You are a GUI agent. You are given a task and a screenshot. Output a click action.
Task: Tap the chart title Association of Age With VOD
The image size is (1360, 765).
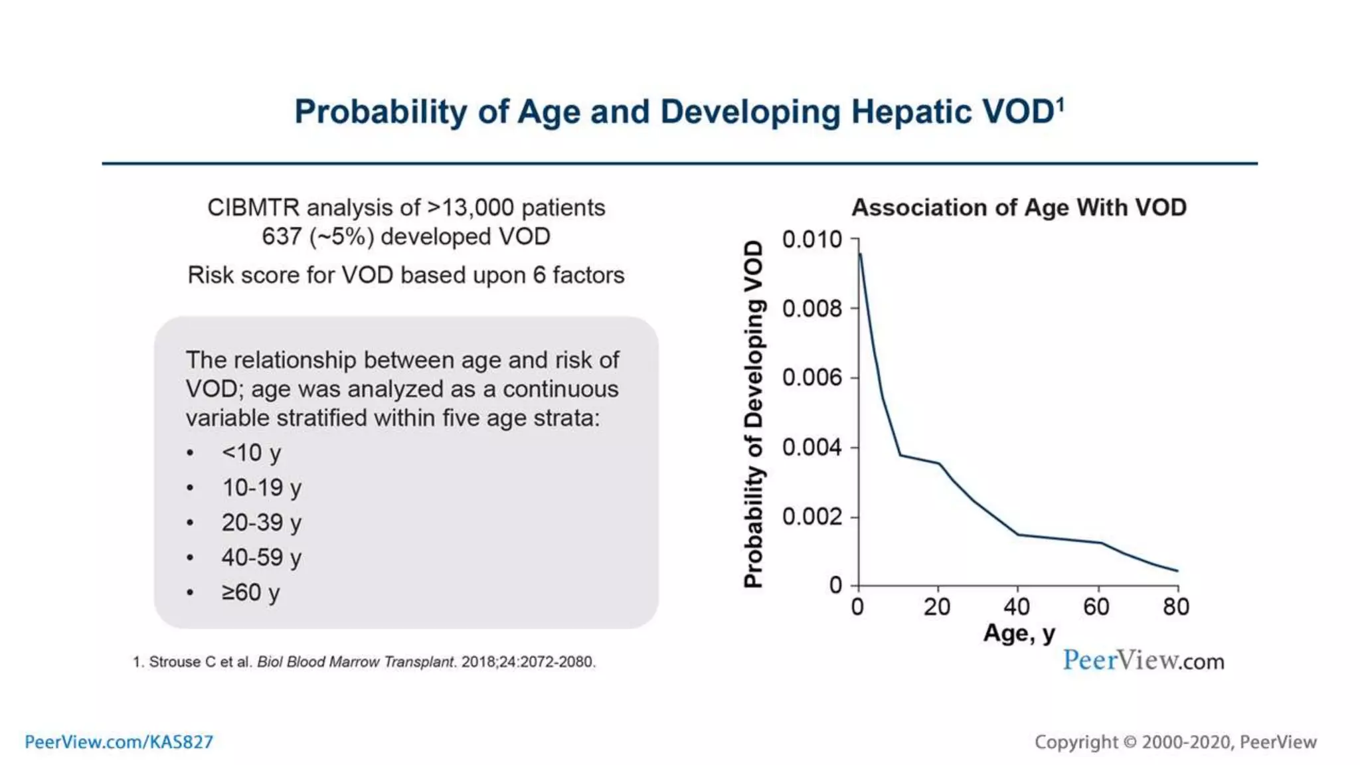click(1019, 207)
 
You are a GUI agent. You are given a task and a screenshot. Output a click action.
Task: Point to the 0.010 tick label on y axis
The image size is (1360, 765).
click(811, 239)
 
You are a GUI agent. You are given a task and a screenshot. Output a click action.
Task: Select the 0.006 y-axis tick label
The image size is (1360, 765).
click(811, 378)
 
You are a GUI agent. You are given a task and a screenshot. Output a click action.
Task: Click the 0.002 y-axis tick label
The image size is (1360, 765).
click(811, 517)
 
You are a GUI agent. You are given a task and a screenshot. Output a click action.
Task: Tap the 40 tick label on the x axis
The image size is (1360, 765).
click(1017, 606)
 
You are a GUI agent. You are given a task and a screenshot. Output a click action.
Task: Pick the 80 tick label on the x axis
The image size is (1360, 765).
click(1176, 606)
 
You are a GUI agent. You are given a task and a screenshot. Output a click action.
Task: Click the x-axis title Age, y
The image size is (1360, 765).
click(1019, 633)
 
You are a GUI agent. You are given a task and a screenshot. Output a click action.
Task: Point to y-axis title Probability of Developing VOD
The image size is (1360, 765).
click(753, 414)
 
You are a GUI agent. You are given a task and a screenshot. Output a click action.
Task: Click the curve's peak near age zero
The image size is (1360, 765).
click(861, 254)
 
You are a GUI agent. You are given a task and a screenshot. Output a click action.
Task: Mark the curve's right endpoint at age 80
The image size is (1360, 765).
click(1177, 570)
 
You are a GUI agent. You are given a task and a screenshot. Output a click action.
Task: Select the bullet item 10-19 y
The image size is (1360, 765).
click(262, 488)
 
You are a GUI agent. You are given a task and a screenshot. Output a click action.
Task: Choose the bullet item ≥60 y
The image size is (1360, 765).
click(250, 592)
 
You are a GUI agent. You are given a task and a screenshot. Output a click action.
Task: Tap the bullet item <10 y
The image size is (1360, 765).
click(251, 453)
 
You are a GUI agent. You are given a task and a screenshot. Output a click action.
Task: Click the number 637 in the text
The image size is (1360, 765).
click(282, 236)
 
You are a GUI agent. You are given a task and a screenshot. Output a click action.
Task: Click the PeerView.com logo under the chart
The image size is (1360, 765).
click(1143, 660)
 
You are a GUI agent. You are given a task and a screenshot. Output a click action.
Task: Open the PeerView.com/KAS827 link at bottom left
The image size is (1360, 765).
click(119, 742)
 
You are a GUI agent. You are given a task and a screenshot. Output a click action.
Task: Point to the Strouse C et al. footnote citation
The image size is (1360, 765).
click(364, 662)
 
